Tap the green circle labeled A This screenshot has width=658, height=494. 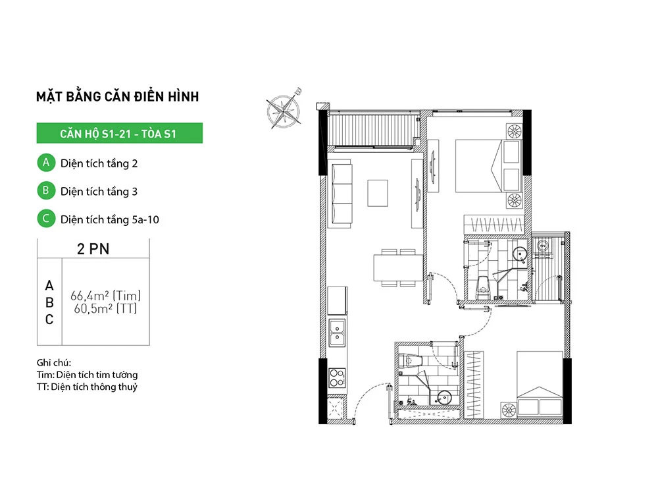[x=45, y=163]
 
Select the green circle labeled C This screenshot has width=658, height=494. [x=45, y=219]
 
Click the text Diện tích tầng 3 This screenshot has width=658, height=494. [x=99, y=192]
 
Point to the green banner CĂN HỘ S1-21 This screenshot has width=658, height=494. [x=119, y=134]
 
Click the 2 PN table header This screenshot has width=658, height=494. [x=93, y=249]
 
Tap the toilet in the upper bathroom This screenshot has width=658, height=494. [x=484, y=286]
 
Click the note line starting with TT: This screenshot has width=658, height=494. [x=88, y=387]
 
